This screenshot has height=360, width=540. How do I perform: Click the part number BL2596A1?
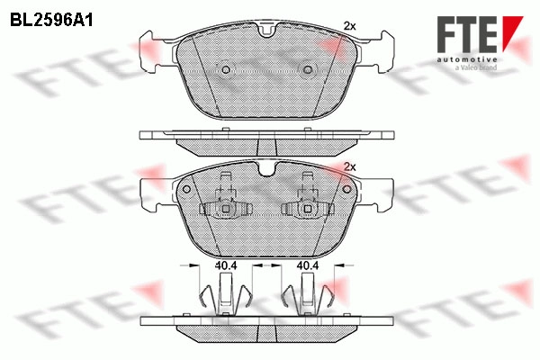(x=51, y=21)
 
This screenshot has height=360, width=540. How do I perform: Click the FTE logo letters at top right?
(x=467, y=34)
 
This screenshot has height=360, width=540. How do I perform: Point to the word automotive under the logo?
(x=467, y=60)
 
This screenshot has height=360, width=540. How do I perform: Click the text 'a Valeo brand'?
(x=476, y=67)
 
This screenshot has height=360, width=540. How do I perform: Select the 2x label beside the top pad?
(x=349, y=26)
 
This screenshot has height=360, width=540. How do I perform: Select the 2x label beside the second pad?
(x=349, y=167)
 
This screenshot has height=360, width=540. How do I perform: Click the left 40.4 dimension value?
(x=226, y=265)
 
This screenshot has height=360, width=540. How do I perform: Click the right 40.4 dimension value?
(x=308, y=265)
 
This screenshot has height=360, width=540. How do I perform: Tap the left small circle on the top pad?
(x=226, y=70)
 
